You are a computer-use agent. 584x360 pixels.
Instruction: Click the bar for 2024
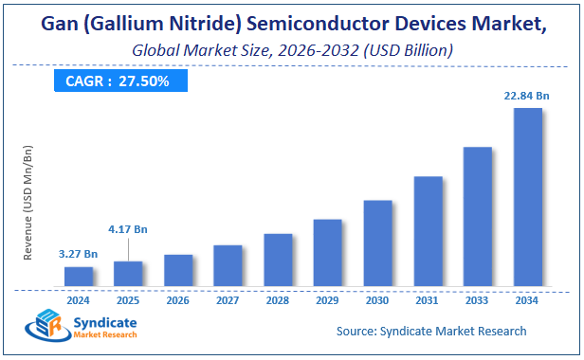click(79, 276)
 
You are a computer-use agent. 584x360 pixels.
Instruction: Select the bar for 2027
click(228, 265)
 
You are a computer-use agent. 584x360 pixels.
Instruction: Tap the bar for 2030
click(377, 243)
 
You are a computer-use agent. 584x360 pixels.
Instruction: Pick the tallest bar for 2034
click(527, 196)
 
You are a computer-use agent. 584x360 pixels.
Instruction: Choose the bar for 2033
click(477, 216)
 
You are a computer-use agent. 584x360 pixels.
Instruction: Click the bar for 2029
click(327, 252)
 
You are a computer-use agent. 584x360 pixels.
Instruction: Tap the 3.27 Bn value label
click(79, 253)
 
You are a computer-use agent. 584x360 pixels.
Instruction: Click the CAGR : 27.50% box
click(118, 81)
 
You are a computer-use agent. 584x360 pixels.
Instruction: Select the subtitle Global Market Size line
click(291, 47)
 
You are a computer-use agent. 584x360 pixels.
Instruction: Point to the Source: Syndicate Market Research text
click(431, 331)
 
